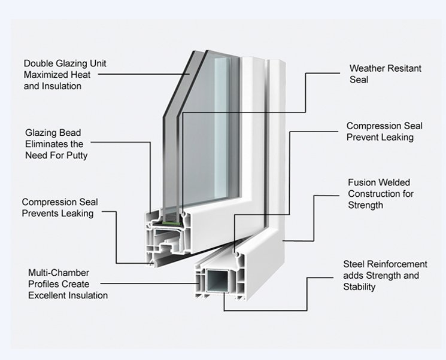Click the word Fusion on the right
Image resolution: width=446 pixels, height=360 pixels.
click(362, 182)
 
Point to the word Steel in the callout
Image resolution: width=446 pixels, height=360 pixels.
click(354, 264)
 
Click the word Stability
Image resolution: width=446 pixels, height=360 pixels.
click(359, 287)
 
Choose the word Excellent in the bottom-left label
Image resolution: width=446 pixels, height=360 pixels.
click(47, 295)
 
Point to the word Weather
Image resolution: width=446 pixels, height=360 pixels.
click(367, 68)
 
